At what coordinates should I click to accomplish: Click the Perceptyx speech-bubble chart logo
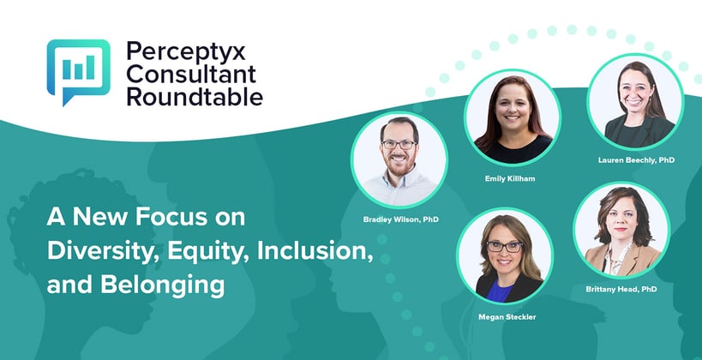coord(78,72)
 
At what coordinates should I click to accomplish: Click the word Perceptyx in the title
coord(186,53)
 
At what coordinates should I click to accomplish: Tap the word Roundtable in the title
coord(195,97)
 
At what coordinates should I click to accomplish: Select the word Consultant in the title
coord(191,75)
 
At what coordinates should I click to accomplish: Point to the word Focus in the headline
coord(171,217)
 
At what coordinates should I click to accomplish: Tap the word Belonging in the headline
coord(163,285)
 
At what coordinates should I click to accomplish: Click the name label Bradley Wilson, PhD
coord(400,219)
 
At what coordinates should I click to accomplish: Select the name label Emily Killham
coord(510,178)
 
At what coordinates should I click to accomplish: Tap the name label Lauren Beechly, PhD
coord(636,159)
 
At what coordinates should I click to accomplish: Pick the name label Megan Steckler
coord(507,317)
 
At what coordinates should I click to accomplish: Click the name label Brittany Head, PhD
coord(621,289)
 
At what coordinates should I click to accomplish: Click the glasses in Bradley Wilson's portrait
coord(399,145)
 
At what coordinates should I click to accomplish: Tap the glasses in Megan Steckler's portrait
coord(505,247)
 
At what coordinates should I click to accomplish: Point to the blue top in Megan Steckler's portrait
coord(500,293)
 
